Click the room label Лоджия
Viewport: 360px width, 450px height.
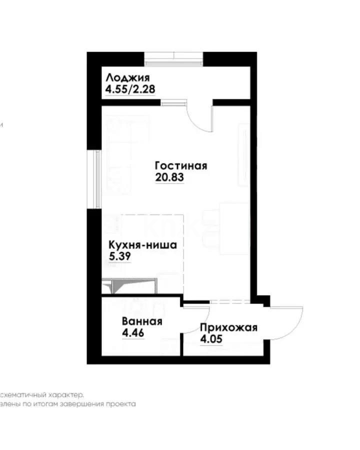coord(127,78)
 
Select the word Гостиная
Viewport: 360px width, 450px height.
coord(180,165)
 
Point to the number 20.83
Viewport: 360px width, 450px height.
coord(169,177)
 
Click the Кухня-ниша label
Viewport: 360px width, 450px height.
coord(143,245)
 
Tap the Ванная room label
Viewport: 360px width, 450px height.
coord(141,321)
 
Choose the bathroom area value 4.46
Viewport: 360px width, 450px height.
coord(133,333)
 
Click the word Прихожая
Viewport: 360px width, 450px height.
coord(228,328)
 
